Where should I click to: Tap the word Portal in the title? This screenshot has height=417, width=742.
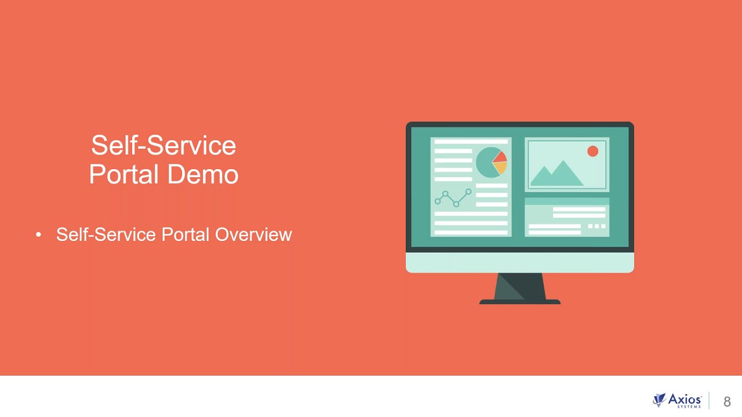(123, 174)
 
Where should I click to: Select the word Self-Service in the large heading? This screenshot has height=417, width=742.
(163, 145)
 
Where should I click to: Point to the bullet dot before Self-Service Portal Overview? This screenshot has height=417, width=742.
(39, 235)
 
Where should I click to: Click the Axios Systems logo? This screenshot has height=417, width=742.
(676, 400)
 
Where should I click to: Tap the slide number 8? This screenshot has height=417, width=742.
(727, 401)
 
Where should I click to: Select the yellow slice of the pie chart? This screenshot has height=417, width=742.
(500, 168)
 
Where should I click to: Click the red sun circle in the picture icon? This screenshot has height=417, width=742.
(592, 151)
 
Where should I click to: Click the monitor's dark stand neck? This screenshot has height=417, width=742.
(521, 286)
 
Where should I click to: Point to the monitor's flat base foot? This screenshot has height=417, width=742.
(520, 302)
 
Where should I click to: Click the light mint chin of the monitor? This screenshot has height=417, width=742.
(520, 262)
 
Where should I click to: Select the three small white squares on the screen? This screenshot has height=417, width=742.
(597, 226)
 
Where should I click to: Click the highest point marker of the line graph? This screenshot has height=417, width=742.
(468, 191)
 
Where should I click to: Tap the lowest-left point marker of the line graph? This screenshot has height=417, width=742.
(438, 201)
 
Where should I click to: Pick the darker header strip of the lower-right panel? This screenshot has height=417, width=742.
(567, 201)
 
